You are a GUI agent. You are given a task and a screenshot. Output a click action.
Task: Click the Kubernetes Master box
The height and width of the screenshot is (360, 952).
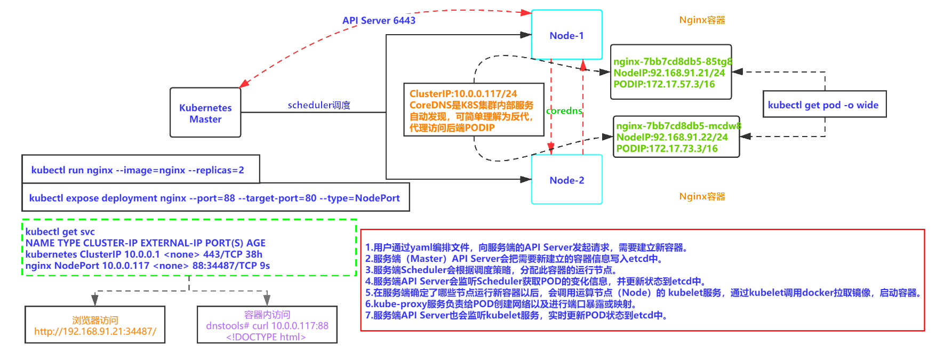point(205,113)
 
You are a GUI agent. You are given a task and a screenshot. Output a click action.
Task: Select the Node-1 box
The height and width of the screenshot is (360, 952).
point(566,35)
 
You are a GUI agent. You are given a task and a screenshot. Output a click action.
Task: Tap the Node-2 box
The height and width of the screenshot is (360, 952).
point(566,180)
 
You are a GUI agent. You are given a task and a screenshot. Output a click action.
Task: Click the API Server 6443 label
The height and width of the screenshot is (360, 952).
point(379,20)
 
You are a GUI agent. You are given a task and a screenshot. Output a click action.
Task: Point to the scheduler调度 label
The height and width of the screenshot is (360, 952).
point(319,105)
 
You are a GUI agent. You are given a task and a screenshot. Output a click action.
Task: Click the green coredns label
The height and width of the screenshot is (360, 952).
point(564,110)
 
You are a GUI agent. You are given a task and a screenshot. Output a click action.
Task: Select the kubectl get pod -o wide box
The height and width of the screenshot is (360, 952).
point(824,105)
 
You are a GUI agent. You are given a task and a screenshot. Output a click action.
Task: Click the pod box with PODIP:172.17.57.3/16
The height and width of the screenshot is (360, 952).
point(670,73)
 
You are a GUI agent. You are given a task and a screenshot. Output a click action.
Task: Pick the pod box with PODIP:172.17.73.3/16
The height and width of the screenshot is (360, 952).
point(676,137)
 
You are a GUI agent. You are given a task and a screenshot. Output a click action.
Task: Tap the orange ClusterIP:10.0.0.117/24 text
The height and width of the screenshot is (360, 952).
point(463,93)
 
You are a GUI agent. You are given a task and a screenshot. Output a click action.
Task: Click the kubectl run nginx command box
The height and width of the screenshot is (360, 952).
point(138,170)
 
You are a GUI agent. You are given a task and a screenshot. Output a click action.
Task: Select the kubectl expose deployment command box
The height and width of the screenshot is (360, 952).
point(214,198)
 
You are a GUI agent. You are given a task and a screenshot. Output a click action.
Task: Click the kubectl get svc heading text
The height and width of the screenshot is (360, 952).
point(60,231)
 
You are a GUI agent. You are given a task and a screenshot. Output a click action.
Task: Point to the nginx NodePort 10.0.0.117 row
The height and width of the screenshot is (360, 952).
point(148,266)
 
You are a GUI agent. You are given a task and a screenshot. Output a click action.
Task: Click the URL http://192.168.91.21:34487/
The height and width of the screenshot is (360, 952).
point(95,331)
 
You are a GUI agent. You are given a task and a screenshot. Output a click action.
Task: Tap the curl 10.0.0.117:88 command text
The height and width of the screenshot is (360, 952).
point(267,325)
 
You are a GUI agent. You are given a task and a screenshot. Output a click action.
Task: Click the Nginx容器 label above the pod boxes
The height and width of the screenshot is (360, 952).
point(702,20)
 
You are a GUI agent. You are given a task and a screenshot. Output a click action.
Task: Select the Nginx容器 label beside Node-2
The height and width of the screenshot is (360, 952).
point(702,196)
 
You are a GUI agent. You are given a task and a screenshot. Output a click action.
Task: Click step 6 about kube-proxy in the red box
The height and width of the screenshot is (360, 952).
point(500,304)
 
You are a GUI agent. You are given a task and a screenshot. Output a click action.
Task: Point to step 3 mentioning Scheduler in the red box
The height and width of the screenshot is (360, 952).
point(491,270)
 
